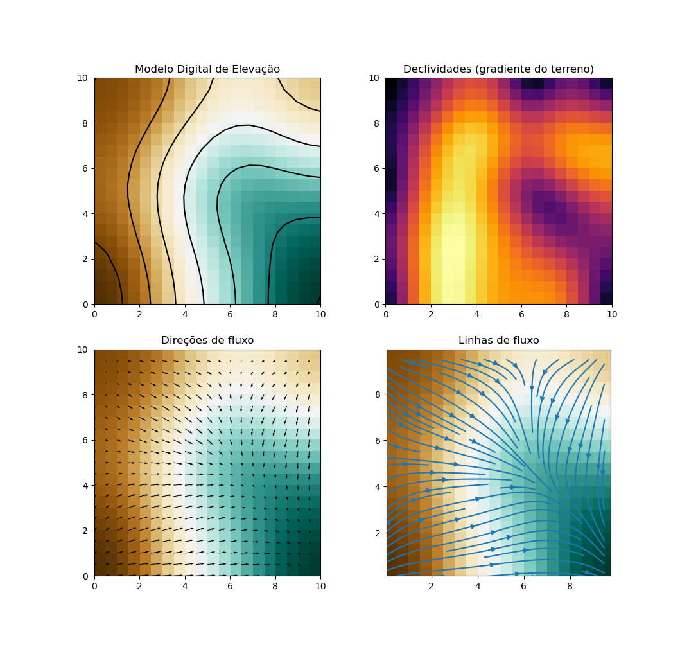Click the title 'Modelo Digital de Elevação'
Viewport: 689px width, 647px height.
pyautogui.click(x=207, y=69)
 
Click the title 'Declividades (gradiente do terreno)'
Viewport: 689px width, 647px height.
pyautogui.click(x=498, y=69)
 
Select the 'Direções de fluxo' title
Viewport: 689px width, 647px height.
pyautogui.click(x=207, y=341)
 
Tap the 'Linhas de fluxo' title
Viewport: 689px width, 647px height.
pyautogui.click(x=498, y=341)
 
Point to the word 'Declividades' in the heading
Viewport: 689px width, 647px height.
pyautogui.click(x=433, y=69)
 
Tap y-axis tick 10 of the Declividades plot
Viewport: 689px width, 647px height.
pyautogui.click(x=375, y=78)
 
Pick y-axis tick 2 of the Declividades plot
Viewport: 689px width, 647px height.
pyautogui.click(x=378, y=259)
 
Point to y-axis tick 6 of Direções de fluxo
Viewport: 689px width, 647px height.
pyautogui.click(x=87, y=441)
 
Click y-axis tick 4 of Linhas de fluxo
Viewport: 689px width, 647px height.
pyautogui.click(x=378, y=486)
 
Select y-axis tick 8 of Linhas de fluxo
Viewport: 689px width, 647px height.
pyautogui.click(x=378, y=394)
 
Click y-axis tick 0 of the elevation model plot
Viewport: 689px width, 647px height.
pyautogui.click(x=87, y=304)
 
